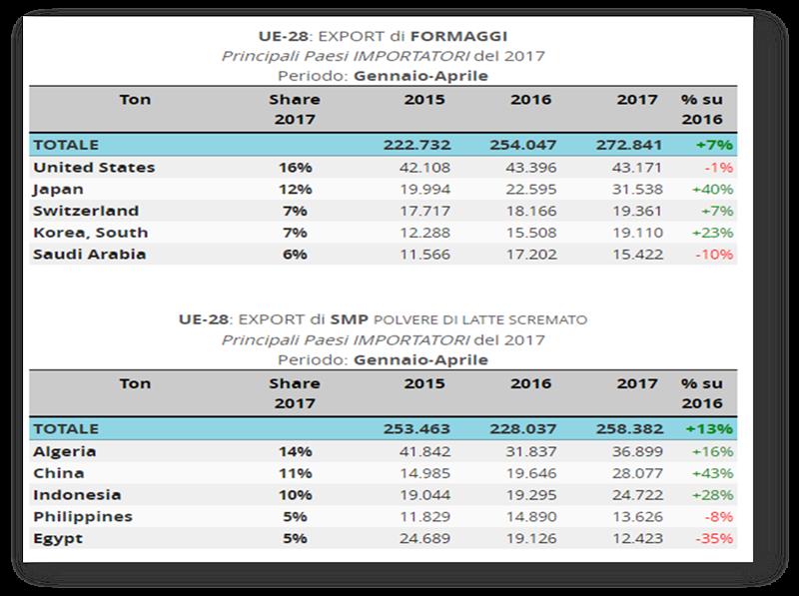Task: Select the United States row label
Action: click(x=94, y=167)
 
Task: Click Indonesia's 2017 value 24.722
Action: click(x=626, y=494)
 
